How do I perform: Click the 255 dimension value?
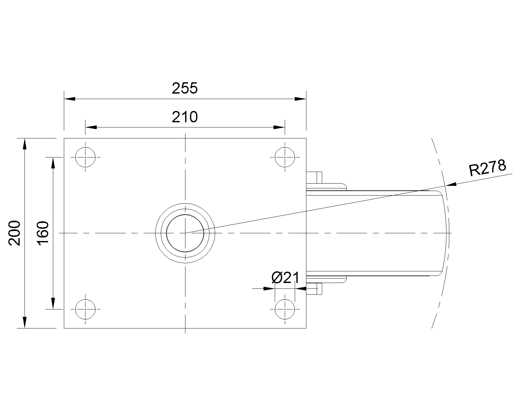tap(184, 88)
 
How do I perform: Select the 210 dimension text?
tap(184, 117)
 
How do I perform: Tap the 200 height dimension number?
tap(15, 233)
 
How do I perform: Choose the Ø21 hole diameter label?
tap(286, 278)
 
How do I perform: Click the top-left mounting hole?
tap(85, 157)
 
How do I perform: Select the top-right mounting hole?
tap(285, 157)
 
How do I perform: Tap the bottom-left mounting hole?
tap(85, 309)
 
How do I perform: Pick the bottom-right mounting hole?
tap(285, 309)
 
